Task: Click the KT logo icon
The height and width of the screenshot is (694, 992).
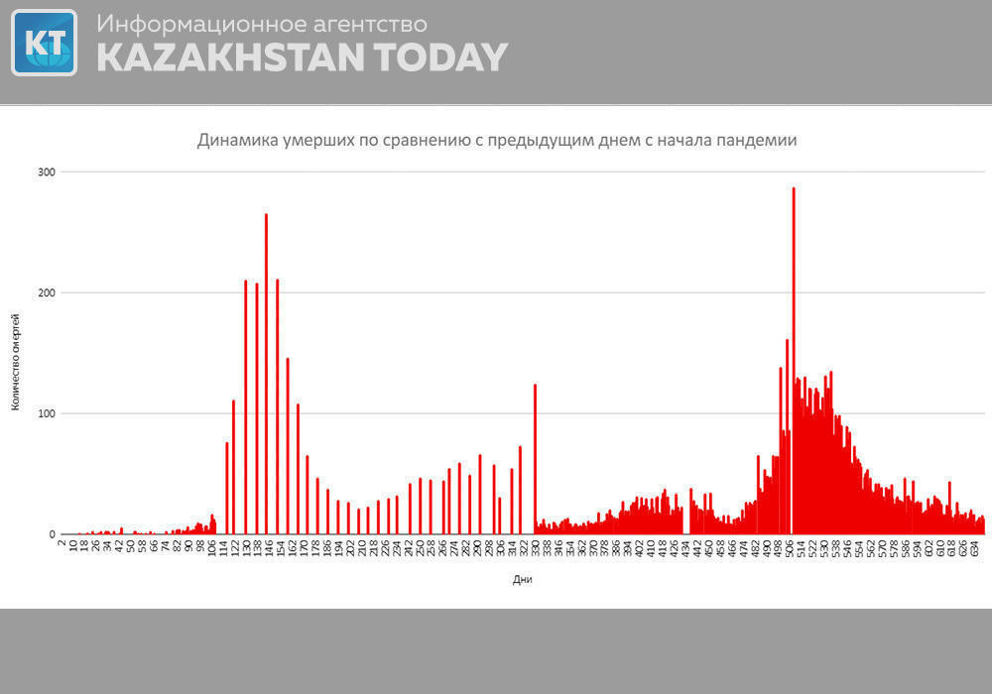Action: (44, 43)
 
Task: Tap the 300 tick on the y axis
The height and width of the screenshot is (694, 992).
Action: (45, 173)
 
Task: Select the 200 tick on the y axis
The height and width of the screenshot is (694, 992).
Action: (45, 293)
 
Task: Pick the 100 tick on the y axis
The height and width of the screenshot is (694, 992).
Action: (45, 413)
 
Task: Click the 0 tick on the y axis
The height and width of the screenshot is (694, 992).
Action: (51, 534)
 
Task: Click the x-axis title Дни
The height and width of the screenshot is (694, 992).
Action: (523, 580)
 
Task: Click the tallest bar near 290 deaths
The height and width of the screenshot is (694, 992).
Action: (794, 357)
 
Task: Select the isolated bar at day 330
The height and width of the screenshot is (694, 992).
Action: (535, 456)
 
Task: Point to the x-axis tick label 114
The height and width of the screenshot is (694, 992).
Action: (224, 548)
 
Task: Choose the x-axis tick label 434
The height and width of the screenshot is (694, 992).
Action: (685, 548)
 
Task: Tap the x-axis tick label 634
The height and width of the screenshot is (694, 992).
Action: (977, 548)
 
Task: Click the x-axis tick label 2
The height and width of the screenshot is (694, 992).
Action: (62, 544)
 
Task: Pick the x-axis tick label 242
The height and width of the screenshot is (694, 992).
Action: (410, 548)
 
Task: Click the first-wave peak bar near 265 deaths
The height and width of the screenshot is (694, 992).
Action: (266, 372)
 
